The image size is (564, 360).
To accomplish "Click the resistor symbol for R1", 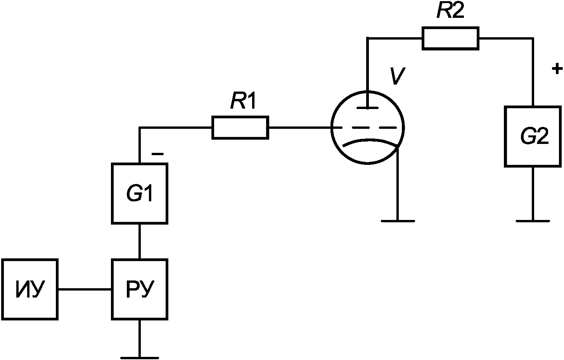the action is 240,127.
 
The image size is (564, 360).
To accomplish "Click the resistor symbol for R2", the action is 450,38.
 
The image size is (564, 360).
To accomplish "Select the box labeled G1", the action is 140,193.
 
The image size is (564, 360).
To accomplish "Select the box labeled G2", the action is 533,136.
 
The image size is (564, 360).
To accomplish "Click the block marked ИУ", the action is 30,289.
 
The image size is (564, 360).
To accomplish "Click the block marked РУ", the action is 140,289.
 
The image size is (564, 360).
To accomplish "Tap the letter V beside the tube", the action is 398,76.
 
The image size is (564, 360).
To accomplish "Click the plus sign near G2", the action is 557,69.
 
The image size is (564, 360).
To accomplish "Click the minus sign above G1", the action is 157,154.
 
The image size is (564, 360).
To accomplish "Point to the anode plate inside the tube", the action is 368,108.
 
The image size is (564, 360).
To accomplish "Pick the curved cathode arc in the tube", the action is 370,141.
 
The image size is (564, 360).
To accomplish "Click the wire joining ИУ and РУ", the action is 85,289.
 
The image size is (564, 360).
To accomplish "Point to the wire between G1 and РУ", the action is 140,241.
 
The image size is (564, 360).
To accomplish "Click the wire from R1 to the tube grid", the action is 300,128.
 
